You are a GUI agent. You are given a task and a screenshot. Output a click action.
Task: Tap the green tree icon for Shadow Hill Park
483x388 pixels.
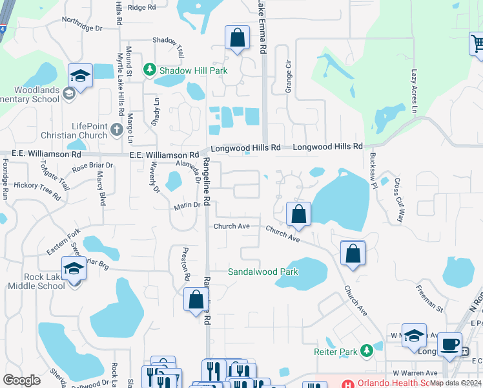tap(150, 69)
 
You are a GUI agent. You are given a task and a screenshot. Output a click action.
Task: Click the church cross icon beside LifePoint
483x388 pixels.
tap(117, 129)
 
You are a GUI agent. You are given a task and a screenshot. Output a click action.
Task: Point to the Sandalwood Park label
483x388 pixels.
tap(263, 272)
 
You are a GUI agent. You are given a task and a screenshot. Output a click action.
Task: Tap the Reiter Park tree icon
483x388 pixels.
tap(367, 350)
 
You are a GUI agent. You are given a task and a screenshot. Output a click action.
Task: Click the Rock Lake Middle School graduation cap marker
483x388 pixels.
tap(74, 268)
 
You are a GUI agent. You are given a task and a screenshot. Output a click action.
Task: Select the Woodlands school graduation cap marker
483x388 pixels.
tap(80, 75)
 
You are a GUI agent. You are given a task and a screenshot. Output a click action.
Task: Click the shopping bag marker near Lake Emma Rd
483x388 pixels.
tap(237, 38)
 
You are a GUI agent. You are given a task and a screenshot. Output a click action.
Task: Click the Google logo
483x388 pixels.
tap(21, 380)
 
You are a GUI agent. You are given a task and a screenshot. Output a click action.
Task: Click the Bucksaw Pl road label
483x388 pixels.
tap(373, 171)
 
